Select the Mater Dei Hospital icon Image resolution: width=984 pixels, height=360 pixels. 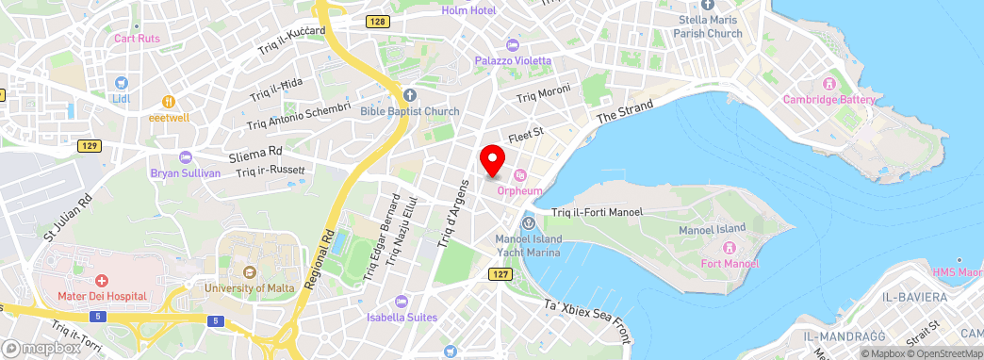(102, 281)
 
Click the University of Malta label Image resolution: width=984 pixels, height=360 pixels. (249, 287)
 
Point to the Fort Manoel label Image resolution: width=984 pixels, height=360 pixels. (730, 263)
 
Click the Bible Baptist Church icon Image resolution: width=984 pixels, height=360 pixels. (409, 95)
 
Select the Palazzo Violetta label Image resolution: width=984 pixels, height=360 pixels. (513, 60)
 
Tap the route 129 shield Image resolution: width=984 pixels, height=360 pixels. (90, 145)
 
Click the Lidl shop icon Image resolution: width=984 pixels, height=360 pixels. (123, 83)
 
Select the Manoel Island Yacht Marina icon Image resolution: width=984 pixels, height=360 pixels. (528, 223)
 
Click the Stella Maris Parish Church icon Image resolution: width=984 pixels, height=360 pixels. (707, 5)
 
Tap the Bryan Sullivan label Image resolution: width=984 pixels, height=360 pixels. (185, 173)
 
